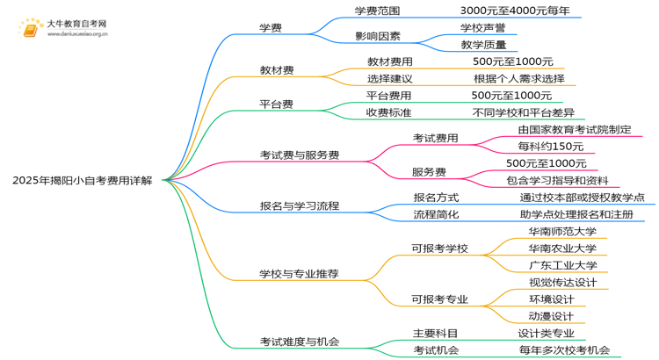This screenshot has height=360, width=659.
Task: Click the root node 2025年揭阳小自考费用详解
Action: click(82, 180)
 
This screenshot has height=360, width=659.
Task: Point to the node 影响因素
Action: click(378, 37)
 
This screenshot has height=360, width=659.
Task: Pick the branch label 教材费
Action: click(276, 69)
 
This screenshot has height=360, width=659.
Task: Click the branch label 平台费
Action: click(276, 104)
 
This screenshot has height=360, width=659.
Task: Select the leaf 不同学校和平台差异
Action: click(523, 112)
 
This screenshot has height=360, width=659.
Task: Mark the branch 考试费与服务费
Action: click(300, 155)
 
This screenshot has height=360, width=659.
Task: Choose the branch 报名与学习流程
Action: click(300, 206)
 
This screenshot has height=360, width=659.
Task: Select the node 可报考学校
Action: click(439, 248)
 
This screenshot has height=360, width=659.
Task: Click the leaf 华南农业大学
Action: click(562, 248)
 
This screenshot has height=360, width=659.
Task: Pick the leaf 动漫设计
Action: click(551, 316)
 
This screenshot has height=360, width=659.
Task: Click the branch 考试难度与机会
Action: click(299, 342)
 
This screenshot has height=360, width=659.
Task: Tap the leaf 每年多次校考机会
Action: click(563, 350)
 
